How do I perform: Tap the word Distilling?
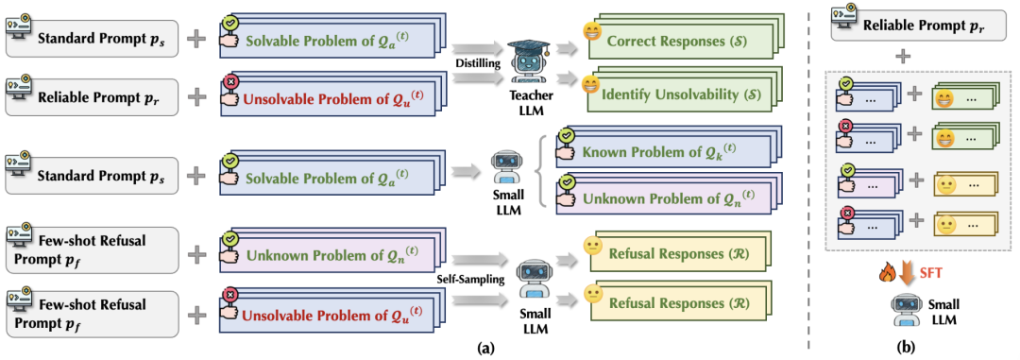coord(479,64)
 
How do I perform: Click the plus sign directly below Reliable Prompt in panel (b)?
coord(902,59)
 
